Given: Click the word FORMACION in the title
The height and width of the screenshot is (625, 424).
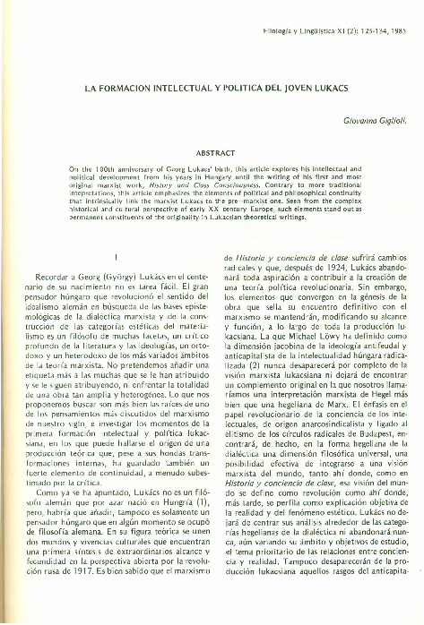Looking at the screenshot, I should (132, 90).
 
